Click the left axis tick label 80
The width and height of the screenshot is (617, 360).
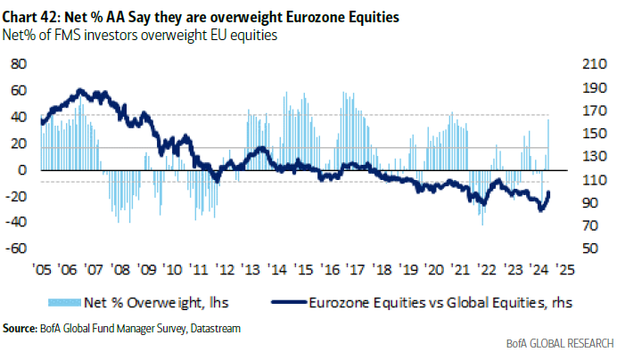(x=17, y=64)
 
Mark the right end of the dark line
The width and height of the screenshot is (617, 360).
(x=548, y=192)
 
